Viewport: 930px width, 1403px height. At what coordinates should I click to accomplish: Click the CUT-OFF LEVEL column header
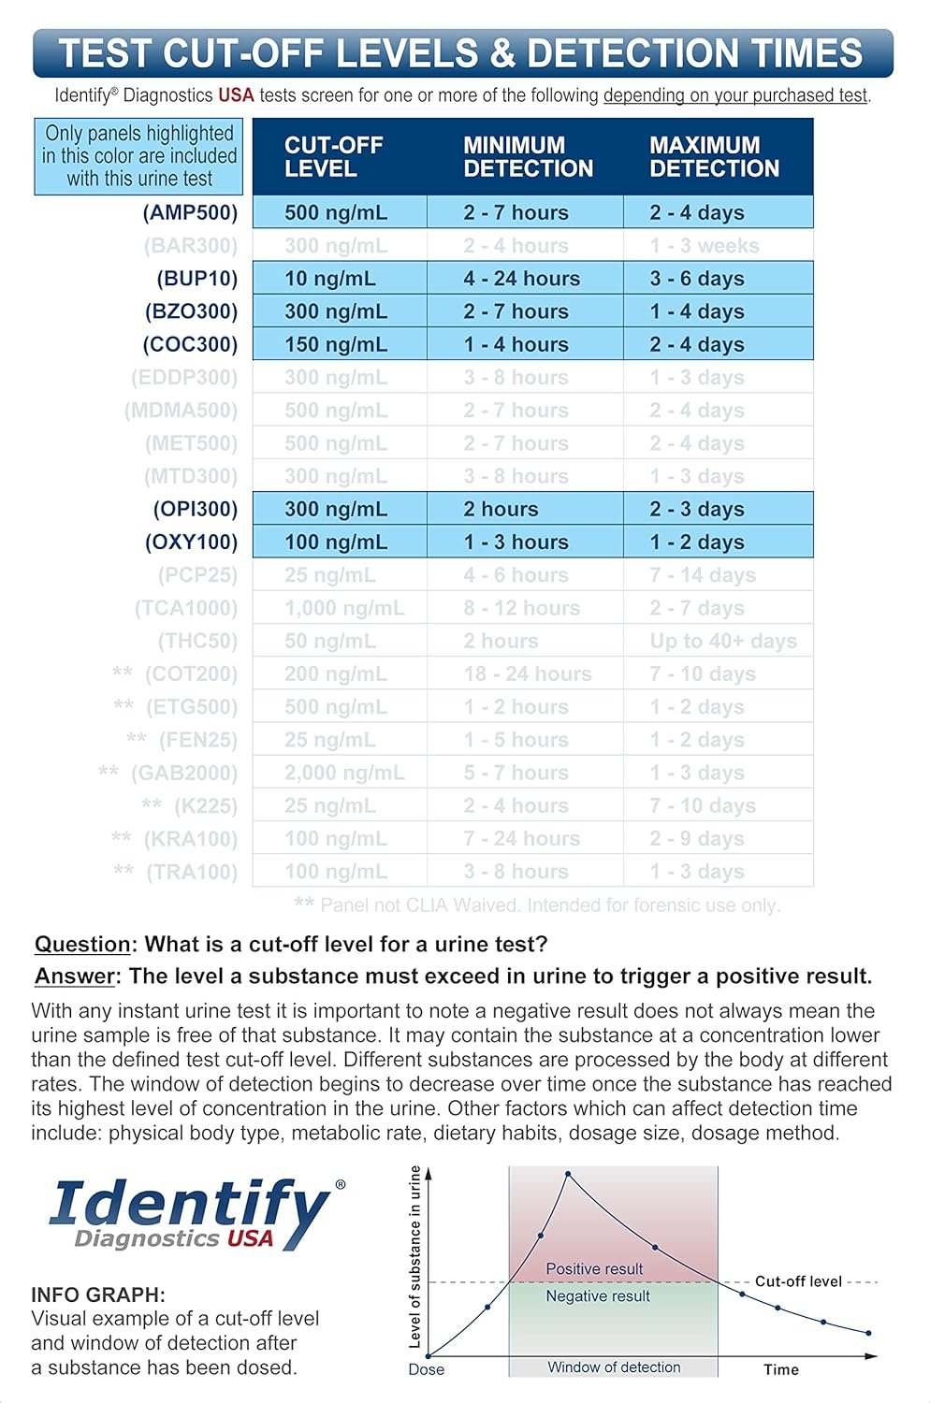coord(334,157)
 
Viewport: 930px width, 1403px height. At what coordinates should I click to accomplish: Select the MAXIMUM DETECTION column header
coord(714,157)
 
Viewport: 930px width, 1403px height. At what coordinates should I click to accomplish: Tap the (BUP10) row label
coord(196,279)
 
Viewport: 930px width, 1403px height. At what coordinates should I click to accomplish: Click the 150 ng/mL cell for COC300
coord(335,344)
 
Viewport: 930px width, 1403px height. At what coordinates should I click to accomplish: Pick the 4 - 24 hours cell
coord(521,279)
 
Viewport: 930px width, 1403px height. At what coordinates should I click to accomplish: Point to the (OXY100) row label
coord(191,542)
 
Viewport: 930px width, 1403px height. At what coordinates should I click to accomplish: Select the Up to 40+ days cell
coord(723,641)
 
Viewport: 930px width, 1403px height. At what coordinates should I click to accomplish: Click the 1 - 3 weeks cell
coord(705,246)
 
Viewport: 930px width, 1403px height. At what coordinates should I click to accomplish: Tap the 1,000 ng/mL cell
coord(344,608)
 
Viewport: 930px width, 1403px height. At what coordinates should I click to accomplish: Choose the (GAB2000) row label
coord(183,774)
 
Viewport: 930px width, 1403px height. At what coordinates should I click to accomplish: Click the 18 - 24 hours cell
coord(528,674)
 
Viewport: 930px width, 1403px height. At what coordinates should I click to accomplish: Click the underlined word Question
coord(82,945)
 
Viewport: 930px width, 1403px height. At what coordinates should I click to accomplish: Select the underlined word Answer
coord(75,976)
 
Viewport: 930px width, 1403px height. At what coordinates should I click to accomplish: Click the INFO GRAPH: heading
coord(98,1295)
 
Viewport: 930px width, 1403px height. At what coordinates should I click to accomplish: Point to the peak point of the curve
coord(568,1174)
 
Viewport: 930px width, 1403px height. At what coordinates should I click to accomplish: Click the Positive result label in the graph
coord(594,1269)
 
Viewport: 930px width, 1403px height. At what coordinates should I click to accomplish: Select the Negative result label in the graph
coord(598,1296)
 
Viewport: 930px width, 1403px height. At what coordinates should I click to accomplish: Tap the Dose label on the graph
coord(427,1369)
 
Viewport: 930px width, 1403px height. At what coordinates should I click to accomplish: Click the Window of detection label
coord(614,1367)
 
